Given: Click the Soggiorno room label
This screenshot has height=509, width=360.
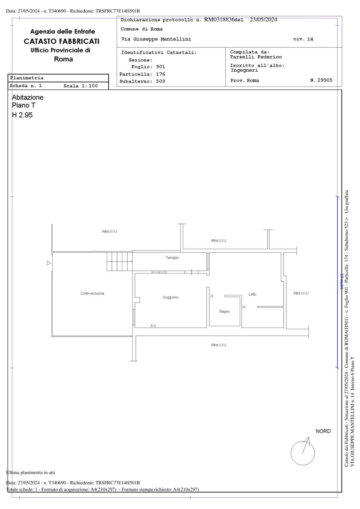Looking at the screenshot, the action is [170, 297].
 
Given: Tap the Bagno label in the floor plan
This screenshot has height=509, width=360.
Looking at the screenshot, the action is [224, 311].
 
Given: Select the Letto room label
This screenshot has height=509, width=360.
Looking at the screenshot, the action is [252, 294].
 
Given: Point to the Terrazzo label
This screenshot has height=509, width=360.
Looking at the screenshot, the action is [172, 258].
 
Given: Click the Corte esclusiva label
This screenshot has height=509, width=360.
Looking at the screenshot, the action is [92, 293].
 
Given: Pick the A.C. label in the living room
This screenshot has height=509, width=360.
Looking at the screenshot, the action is [153, 326].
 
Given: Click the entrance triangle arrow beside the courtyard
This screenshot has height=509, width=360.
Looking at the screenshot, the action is [49, 263].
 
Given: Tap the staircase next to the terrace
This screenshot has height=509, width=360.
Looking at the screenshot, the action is [120, 261].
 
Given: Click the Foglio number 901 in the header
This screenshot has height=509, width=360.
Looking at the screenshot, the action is [160, 67].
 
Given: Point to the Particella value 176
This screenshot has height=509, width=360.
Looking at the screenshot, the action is [160, 74].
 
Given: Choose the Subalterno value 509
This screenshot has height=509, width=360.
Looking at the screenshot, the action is [160, 81].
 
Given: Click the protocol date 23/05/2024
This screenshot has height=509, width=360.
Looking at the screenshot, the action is [264, 20].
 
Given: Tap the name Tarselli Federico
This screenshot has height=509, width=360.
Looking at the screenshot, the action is [256, 57].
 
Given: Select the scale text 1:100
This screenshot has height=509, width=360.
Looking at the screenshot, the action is [90, 86].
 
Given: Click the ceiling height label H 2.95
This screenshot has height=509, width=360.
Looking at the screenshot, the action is [22, 115].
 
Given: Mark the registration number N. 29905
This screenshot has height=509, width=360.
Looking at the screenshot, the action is [321, 80].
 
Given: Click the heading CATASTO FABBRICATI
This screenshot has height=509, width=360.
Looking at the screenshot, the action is [62, 41].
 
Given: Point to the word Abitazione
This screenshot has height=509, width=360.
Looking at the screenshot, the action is [28, 97].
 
